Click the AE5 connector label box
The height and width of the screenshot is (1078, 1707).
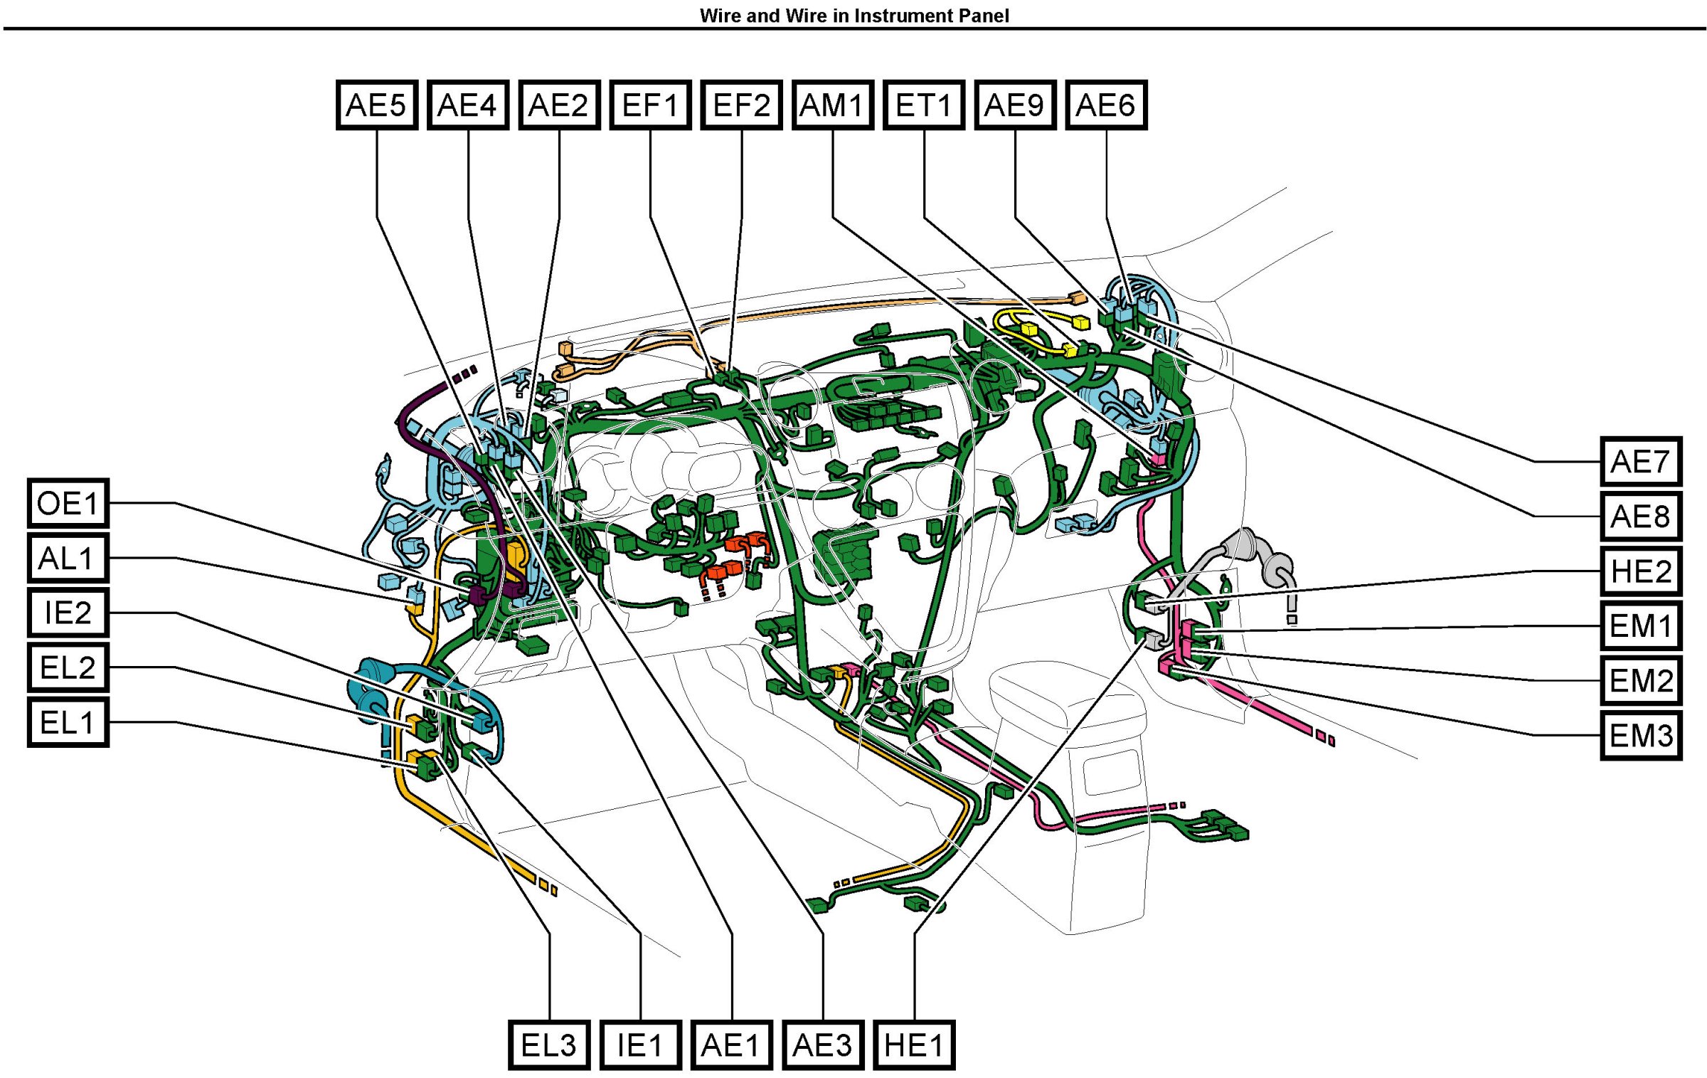[376, 105]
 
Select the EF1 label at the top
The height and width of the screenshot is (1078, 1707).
[650, 105]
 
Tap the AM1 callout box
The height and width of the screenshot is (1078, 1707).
[832, 105]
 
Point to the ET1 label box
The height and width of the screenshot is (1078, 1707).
[924, 105]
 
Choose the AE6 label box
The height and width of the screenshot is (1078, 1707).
[1106, 105]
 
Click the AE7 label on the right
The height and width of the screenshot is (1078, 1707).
[1641, 461]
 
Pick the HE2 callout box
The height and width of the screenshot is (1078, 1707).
[1641, 571]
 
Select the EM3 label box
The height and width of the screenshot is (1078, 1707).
[1641, 735]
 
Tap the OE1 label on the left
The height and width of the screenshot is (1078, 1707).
[68, 503]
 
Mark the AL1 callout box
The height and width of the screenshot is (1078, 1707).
[68, 558]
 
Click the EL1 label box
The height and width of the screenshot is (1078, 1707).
[68, 722]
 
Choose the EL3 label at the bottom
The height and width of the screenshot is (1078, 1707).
[549, 1045]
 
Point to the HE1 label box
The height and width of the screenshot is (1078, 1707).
[914, 1045]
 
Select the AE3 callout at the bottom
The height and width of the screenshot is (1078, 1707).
[823, 1045]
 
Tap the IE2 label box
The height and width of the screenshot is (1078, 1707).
[68, 613]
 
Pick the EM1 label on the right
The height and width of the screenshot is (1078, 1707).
[1641, 625]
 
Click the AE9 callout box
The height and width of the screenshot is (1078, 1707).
[1015, 105]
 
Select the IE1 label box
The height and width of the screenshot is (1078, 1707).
[640, 1045]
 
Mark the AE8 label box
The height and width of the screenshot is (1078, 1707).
[1641, 516]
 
